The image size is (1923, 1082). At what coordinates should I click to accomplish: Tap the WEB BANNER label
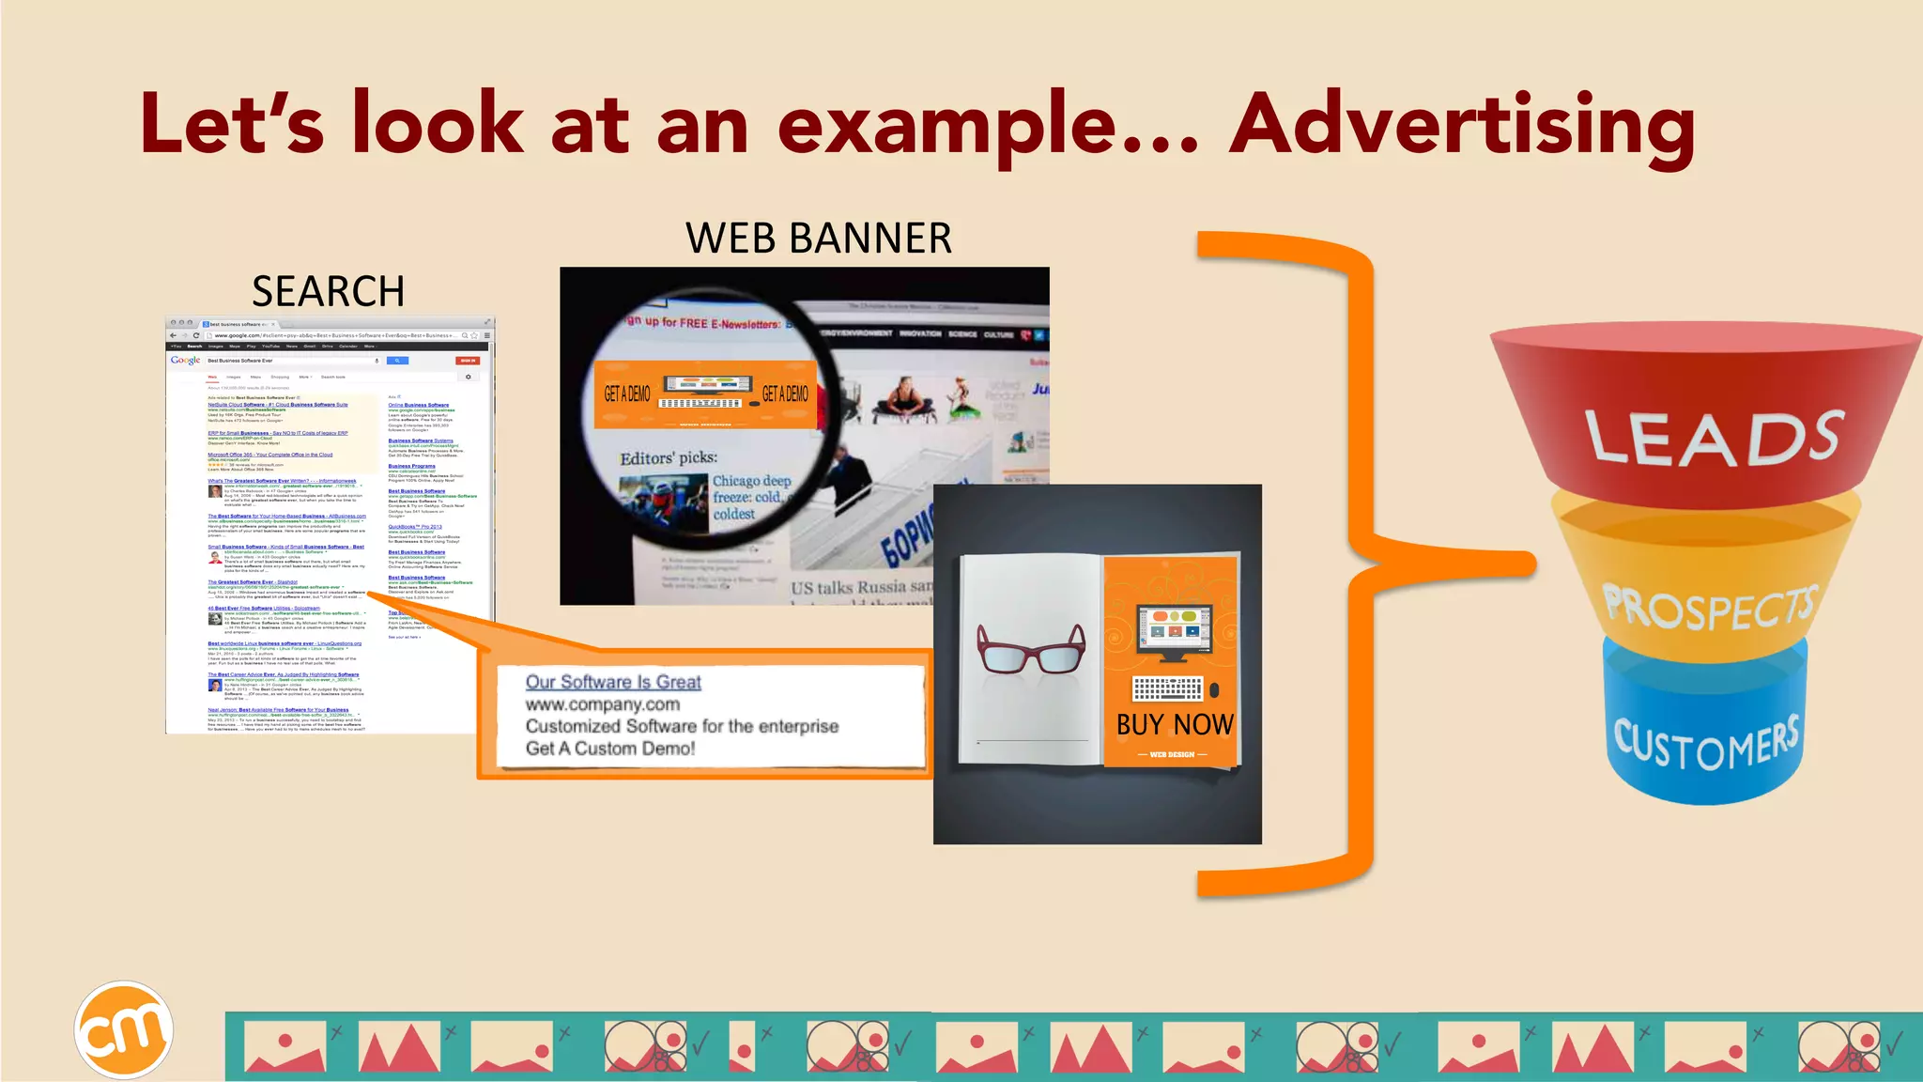tap(819, 238)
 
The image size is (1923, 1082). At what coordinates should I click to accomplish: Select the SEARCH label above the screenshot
tap(328, 291)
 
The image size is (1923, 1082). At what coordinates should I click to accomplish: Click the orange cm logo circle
tap(124, 1030)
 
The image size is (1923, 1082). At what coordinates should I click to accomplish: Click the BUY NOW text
tap(1174, 724)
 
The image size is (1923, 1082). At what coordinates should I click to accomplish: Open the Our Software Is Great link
tap(612, 682)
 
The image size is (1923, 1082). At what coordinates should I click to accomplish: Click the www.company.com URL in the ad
tap(602, 704)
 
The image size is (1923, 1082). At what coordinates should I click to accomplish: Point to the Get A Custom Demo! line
tap(610, 749)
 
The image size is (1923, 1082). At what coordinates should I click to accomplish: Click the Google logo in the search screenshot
tap(185, 361)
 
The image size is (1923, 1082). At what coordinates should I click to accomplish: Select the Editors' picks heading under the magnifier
tap(668, 457)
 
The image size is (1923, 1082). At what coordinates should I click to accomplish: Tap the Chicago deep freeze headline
tap(750, 497)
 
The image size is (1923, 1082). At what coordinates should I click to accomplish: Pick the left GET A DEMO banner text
tap(627, 394)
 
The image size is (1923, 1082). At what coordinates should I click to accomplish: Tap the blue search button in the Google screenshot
tap(397, 361)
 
